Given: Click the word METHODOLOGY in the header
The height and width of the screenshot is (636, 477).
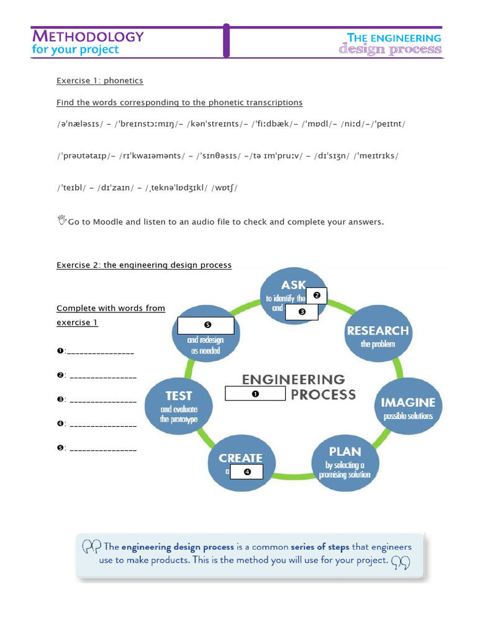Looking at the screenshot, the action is click(88, 36).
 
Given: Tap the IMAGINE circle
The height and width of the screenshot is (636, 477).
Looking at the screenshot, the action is click(408, 407).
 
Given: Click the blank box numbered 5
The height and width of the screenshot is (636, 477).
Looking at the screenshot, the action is click(206, 325).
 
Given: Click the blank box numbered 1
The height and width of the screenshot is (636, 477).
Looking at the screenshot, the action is click(255, 394).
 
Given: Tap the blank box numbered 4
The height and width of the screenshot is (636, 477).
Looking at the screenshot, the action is click(247, 472).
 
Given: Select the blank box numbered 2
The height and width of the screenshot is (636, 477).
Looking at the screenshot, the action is click(316, 296).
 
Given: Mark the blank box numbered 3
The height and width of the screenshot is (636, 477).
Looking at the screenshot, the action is click(302, 312).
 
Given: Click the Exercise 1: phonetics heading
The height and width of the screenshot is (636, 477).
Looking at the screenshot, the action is click(99, 81).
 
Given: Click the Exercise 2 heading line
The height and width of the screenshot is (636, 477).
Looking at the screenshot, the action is click(144, 265).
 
